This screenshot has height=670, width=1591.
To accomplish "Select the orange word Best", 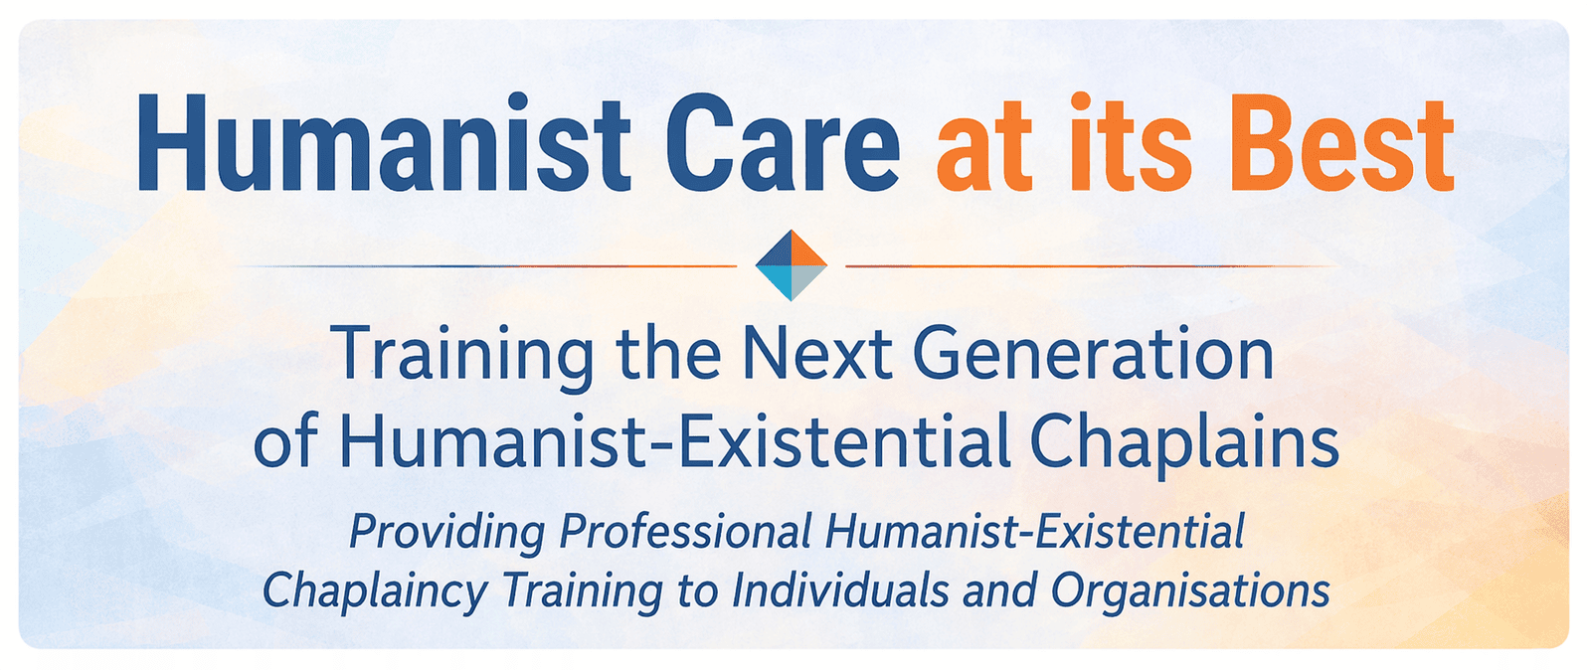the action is click(1341, 143).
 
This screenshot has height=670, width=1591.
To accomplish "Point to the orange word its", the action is click(1131, 143).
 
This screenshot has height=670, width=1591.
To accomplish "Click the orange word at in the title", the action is click(983, 149).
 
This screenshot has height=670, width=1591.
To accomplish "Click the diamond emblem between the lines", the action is click(792, 265).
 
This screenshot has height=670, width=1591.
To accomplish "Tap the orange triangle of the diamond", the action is click(809, 248).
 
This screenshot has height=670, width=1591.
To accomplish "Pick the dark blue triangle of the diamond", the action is click(774, 248).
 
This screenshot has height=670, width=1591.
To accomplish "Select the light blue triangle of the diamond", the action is click(774, 283).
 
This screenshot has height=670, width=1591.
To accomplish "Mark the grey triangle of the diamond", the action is click(809, 283).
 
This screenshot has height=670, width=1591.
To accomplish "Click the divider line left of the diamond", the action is click(486, 266).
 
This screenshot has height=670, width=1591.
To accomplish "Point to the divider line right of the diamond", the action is click(1093, 266).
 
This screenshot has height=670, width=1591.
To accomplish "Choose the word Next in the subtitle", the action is click(817, 354).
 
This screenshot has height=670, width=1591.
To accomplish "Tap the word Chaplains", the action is click(1184, 440).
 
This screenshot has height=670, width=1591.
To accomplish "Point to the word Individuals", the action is click(839, 589).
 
